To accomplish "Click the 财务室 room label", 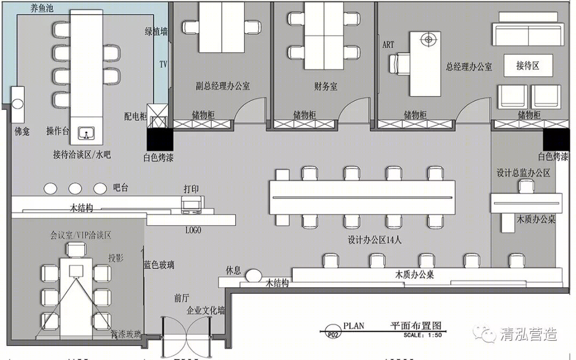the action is (x=325, y=87).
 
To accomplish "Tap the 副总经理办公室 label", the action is (x=222, y=86).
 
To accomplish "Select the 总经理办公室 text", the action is (x=469, y=67).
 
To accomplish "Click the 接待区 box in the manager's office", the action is (x=528, y=66).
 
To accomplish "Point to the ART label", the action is (x=388, y=45).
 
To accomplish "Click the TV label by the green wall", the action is (x=163, y=65).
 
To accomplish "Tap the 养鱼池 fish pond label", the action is (x=42, y=8).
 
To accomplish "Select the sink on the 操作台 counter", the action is (x=86, y=133).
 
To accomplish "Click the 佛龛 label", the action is (x=22, y=131).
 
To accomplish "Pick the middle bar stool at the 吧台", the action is (x=75, y=188).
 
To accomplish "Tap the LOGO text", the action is (x=193, y=230).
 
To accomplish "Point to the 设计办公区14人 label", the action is (x=375, y=240).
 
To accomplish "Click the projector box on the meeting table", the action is (x=77, y=271).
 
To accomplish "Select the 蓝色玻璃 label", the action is (x=159, y=265).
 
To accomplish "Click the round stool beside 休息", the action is (x=253, y=275).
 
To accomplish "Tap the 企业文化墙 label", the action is (x=206, y=310).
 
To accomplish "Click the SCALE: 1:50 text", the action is (x=422, y=335).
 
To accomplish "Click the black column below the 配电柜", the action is (x=160, y=139).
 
